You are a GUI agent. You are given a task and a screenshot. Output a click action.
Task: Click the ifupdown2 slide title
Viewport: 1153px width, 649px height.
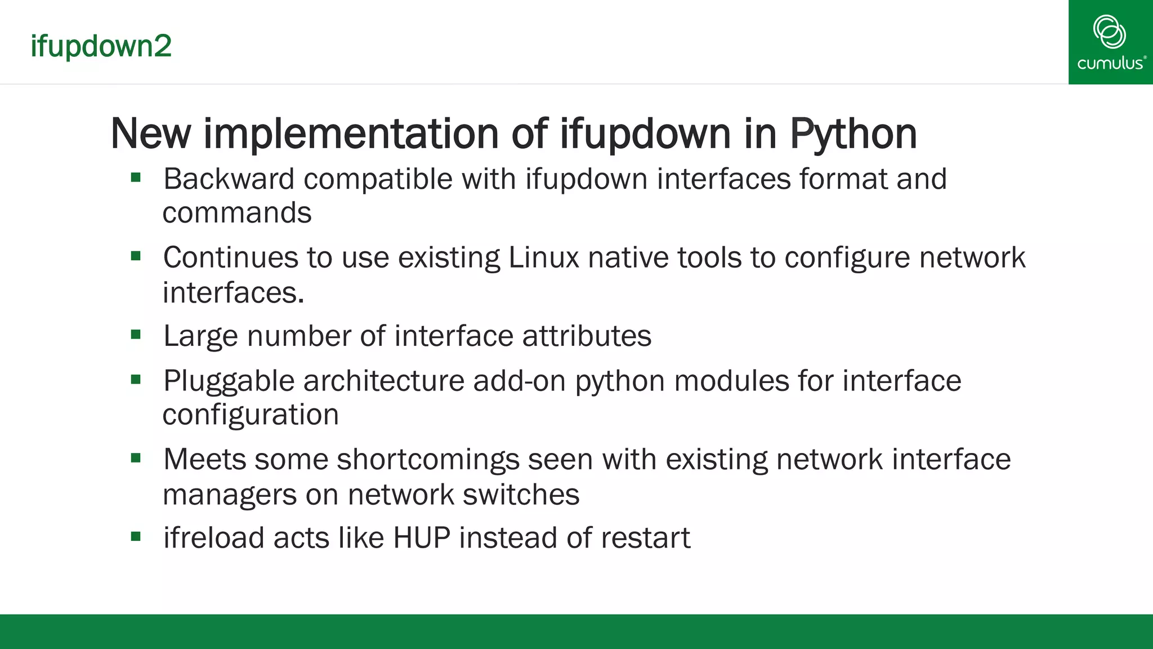tap(101, 46)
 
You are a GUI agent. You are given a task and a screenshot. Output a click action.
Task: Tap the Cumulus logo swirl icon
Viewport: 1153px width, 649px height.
tap(1109, 32)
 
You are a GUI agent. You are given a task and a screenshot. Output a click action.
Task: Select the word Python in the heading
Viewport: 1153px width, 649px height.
tap(853, 134)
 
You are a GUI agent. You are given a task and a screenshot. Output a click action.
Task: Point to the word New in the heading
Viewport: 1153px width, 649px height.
tap(150, 134)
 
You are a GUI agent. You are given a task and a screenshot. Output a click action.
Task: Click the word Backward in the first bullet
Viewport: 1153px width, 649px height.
tap(229, 179)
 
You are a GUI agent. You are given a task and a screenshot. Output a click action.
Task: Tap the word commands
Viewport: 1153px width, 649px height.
tap(237, 213)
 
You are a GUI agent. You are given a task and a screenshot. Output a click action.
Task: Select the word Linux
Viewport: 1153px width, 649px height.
tap(543, 257)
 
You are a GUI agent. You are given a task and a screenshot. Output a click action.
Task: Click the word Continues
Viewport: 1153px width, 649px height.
tap(230, 257)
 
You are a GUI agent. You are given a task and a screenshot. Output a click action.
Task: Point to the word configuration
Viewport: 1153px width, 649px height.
tap(251, 415)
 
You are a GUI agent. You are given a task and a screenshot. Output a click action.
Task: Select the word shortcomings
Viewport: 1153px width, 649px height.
tap(428, 460)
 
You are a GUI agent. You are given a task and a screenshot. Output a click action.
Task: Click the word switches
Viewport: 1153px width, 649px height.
tap(521, 495)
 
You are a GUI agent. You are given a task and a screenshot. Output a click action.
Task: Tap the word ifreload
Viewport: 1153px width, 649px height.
tap(214, 537)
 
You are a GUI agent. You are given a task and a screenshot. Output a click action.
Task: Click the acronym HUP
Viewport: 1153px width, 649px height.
tap(422, 537)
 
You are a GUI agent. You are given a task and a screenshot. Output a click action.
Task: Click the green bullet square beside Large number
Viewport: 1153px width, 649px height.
tap(136, 335)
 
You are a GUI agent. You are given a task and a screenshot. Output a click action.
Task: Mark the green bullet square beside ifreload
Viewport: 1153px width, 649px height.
tap(136, 536)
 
